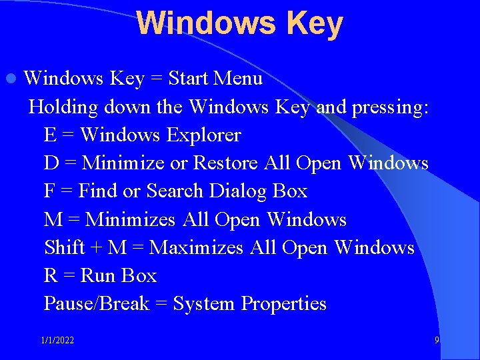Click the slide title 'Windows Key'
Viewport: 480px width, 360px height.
pos(239,23)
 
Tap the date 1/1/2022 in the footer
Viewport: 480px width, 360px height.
pos(57,341)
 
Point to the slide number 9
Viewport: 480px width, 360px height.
pos(437,340)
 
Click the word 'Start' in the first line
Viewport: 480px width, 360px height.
pos(188,79)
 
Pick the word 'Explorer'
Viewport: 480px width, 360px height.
pos(203,135)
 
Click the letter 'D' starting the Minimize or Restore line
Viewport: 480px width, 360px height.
pos(51,163)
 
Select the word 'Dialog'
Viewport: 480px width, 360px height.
pos(237,191)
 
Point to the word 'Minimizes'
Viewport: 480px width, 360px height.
pos(131,219)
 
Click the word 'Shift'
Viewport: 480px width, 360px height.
pos(64,247)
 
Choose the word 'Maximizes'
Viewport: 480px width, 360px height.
pos(197,247)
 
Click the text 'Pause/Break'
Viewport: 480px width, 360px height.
pos(97,304)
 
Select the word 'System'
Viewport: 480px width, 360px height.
pos(204,304)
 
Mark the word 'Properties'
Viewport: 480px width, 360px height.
pos(284,304)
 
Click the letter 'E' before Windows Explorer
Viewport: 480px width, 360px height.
pos(50,135)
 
